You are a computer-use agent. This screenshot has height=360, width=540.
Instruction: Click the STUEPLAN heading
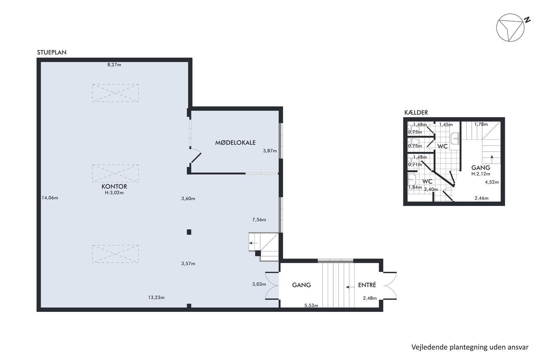[x=52, y=52]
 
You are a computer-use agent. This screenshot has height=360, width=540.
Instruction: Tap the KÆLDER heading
[x=416, y=112]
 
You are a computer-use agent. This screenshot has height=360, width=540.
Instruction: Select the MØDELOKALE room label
[x=235, y=142]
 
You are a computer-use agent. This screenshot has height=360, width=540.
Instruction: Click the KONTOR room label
[x=114, y=186]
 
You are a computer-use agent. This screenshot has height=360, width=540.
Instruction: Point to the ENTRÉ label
[x=367, y=285]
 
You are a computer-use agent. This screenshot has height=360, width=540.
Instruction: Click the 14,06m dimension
[x=50, y=198]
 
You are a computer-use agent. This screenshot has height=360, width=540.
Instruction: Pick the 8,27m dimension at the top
[x=114, y=64]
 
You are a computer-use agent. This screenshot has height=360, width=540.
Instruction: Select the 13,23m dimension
[x=156, y=297]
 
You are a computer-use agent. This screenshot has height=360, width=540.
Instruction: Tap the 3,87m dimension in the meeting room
[x=270, y=151]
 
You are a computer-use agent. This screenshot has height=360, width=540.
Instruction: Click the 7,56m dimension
[x=259, y=220]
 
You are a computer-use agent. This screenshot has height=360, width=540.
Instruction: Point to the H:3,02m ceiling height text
[x=114, y=193]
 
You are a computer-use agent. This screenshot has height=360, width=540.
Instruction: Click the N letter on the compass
[x=528, y=20]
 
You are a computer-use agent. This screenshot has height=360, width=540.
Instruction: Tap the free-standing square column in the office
[x=189, y=232]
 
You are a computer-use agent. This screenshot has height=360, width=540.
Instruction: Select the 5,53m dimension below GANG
[x=311, y=306]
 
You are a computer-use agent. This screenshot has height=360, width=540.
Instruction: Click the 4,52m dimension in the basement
[x=492, y=182]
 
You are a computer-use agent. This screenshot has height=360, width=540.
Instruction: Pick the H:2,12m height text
[x=481, y=174]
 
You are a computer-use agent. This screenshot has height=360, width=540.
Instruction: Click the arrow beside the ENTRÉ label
[x=350, y=287]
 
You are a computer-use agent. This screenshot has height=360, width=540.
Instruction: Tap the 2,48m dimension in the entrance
[x=370, y=298]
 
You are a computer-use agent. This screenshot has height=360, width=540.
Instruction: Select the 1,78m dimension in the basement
[x=481, y=124]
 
